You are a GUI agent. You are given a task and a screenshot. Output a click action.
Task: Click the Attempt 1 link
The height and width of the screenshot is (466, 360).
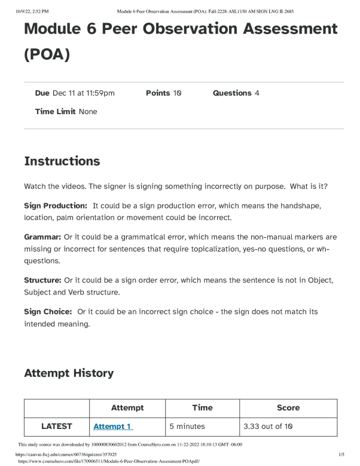(112, 426)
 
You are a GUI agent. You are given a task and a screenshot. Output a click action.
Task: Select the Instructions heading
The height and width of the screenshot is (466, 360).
(62, 161)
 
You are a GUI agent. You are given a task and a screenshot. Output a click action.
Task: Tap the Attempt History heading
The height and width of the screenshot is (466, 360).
(69, 373)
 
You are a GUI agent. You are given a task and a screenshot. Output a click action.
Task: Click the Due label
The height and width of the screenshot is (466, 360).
(42, 93)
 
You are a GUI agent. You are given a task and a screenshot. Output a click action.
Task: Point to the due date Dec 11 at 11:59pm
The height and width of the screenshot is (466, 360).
(84, 93)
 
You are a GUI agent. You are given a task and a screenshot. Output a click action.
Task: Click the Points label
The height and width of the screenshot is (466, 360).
(158, 93)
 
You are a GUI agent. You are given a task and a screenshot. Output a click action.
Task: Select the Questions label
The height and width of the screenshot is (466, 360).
(232, 93)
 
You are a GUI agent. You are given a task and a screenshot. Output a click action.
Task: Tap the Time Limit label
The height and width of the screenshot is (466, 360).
(56, 112)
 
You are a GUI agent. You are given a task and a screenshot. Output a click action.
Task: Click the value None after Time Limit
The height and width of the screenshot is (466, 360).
(88, 112)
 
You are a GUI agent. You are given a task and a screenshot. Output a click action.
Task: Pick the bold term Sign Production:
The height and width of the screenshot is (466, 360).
(56, 206)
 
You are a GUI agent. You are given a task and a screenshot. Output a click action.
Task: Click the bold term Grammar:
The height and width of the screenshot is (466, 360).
(42, 237)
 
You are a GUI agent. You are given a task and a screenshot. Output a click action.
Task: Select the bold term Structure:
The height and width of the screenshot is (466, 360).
(42, 280)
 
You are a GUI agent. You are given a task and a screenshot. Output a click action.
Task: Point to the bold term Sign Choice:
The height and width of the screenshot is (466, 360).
(48, 312)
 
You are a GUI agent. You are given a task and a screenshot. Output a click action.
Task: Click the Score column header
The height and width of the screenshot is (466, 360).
(288, 407)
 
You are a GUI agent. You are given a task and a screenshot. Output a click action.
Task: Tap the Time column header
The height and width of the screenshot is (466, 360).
(202, 407)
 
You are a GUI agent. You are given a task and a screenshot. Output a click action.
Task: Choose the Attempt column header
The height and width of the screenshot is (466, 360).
(127, 407)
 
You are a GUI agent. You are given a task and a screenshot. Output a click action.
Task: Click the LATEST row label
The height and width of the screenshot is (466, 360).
(56, 426)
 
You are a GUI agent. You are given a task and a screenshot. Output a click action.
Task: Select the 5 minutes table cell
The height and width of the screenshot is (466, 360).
(187, 426)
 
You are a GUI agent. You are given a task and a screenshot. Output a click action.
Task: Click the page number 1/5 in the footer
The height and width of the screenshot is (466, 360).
(341, 455)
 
